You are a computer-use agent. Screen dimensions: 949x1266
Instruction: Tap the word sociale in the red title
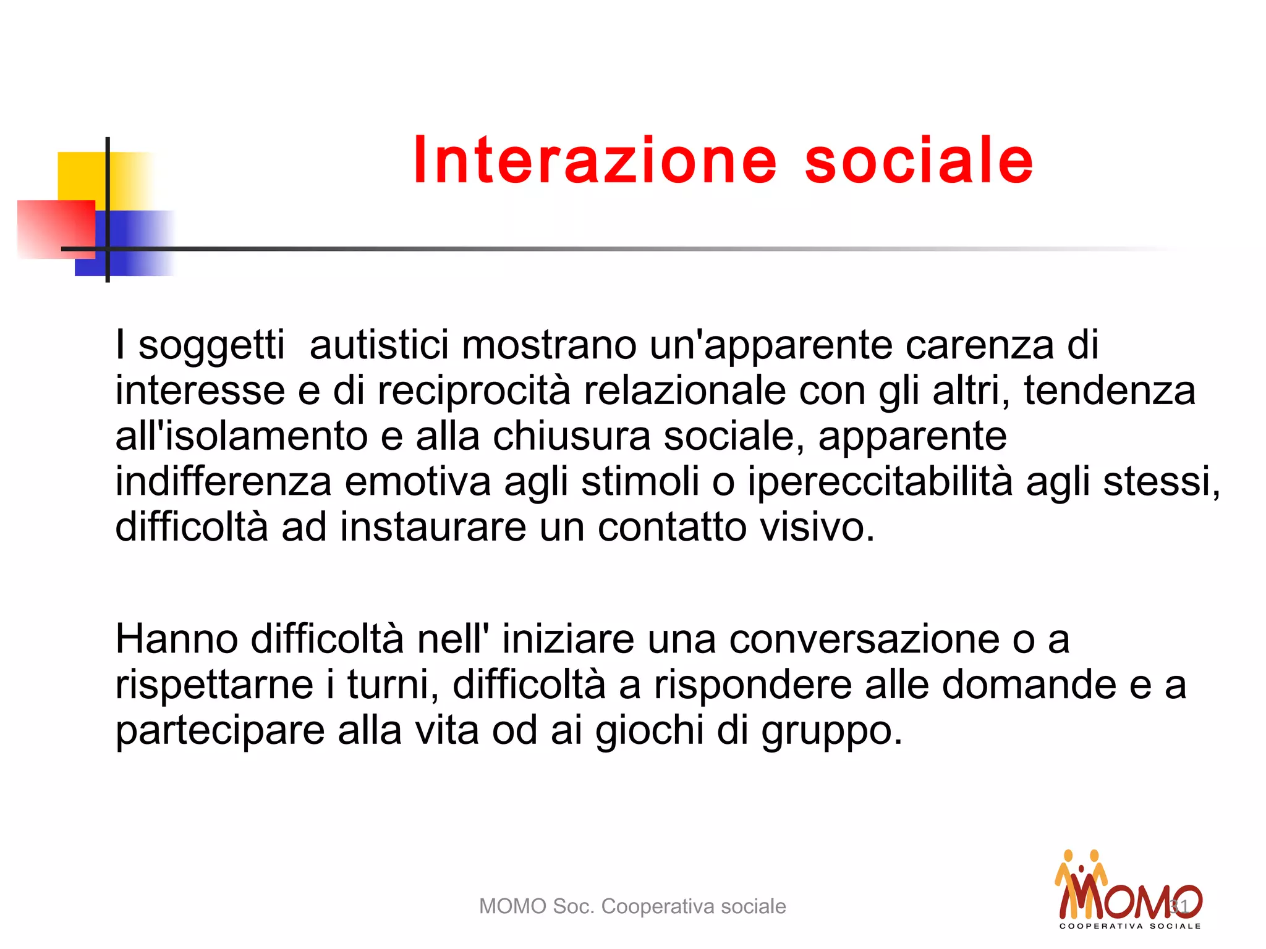click(919, 161)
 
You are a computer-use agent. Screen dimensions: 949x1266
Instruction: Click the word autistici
click(379, 344)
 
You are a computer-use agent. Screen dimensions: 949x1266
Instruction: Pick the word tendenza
click(1110, 390)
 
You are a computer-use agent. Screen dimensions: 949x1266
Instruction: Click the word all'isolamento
click(242, 436)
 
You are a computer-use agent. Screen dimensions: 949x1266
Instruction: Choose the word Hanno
click(177, 639)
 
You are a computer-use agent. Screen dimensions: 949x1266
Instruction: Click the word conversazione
click(864, 639)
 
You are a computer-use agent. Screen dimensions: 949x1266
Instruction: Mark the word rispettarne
click(215, 685)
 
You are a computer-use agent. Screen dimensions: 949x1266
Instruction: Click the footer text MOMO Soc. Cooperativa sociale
click(632, 906)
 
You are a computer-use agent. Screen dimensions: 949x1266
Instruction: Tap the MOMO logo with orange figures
click(1129, 890)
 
